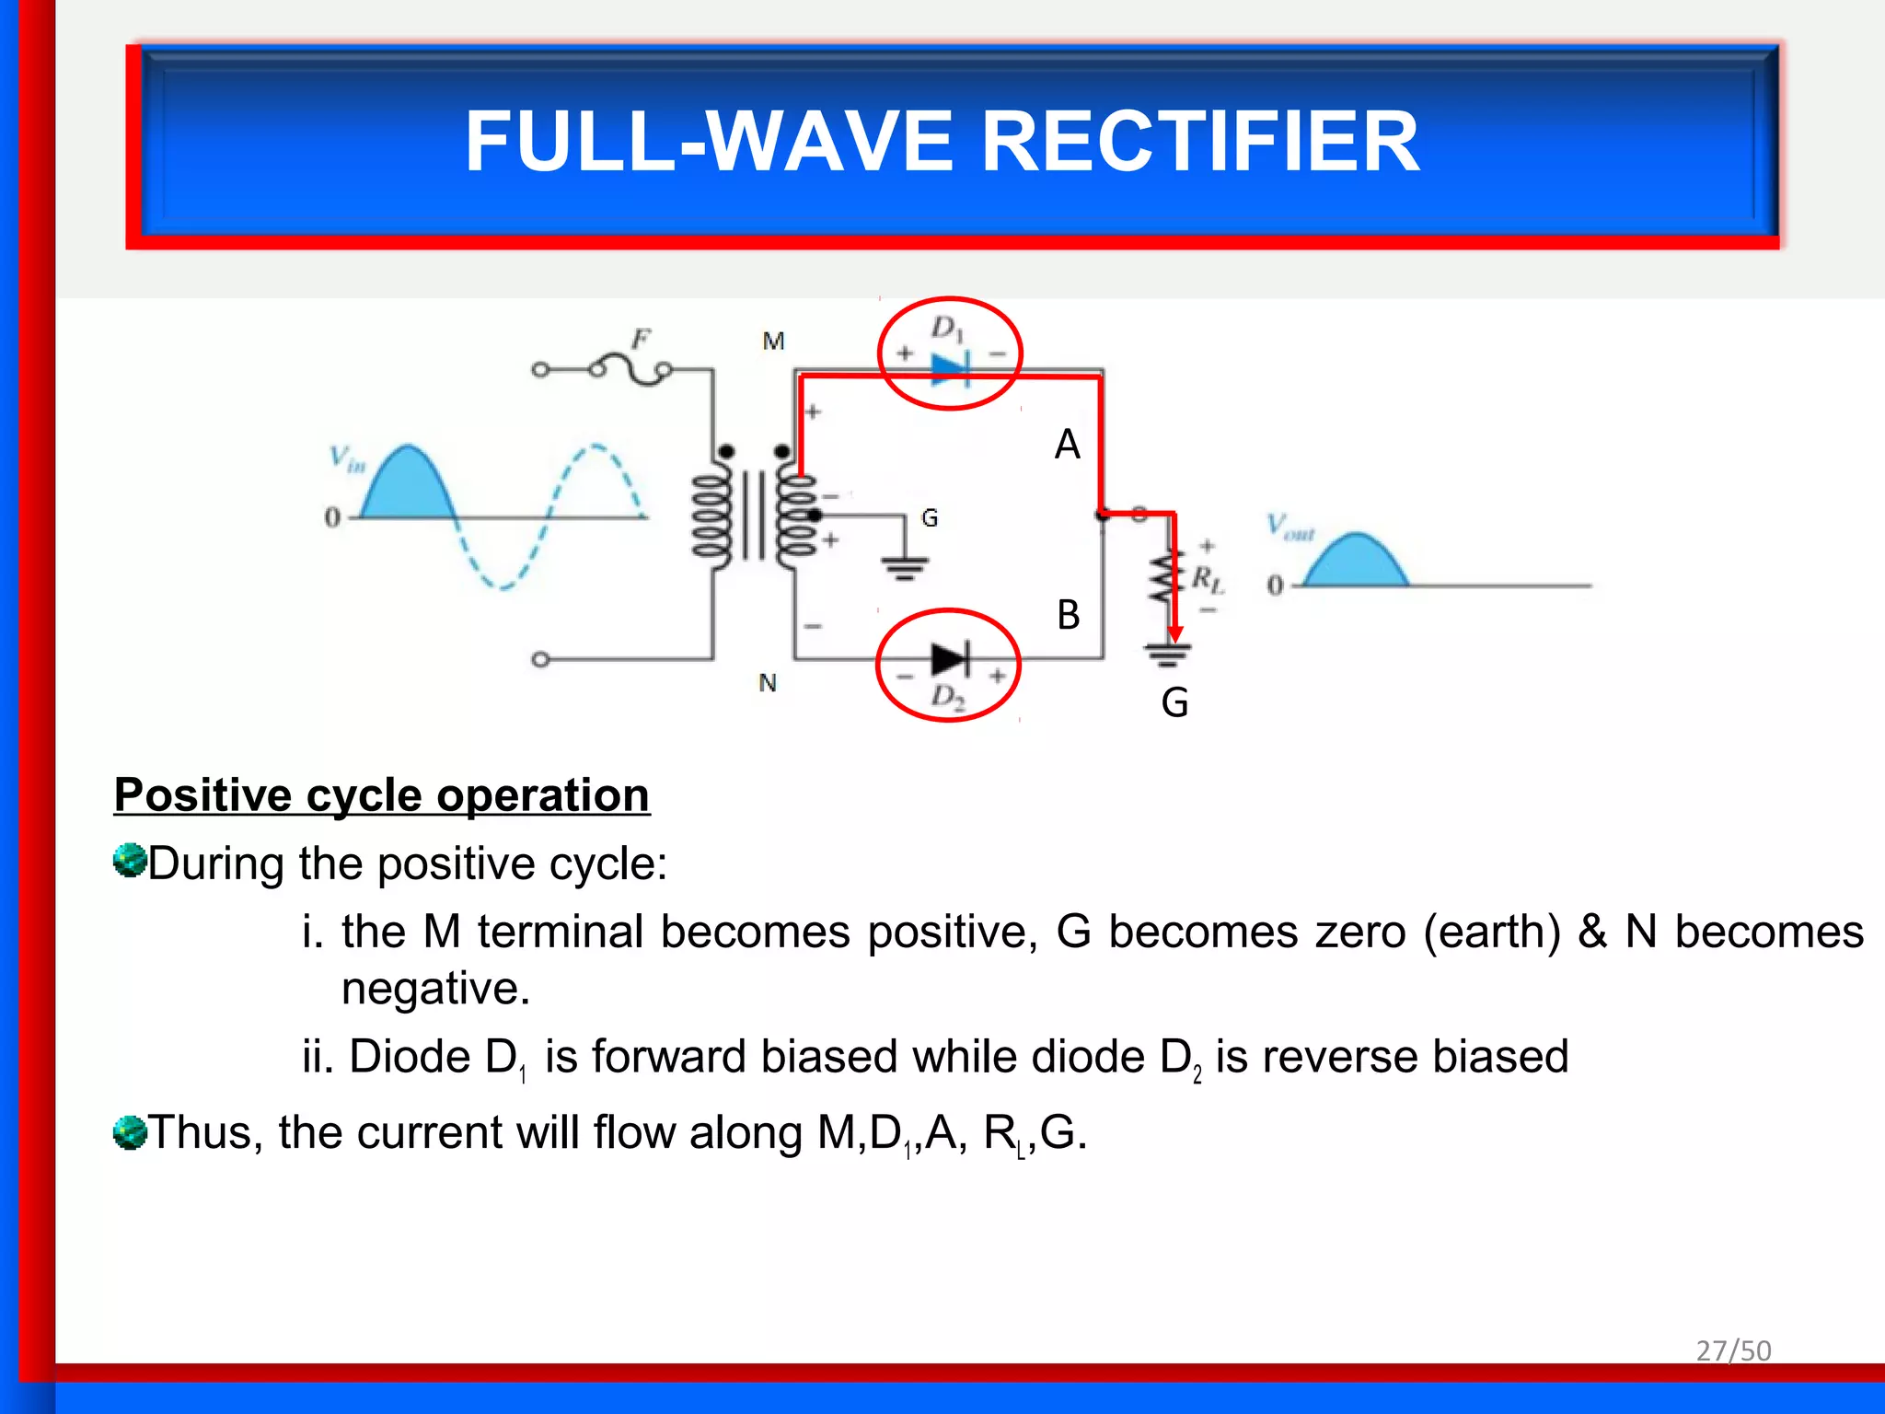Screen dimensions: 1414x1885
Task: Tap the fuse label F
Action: (x=641, y=340)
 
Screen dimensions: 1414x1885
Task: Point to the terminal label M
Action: (x=773, y=342)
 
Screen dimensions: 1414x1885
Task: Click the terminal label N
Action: (x=768, y=683)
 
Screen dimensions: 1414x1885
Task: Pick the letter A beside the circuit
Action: (x=1067, y=445)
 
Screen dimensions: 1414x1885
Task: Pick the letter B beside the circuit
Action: (x=1068, y=615)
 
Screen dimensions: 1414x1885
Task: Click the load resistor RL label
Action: (x=1207, y=579)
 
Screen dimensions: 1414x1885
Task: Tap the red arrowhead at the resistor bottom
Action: (x=1175, y=634)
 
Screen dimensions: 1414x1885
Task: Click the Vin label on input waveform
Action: (x=347, y=458)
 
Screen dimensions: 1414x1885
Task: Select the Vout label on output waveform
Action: (x=1289, y=527)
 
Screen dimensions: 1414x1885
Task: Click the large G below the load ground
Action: (x=1174, y=703)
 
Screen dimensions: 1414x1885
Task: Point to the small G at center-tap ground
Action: (x=930, y=518)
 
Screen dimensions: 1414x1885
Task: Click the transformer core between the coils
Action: (x=754, y=516)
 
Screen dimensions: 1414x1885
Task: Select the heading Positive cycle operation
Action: (x=382, y=794)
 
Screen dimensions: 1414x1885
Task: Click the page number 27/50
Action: (x=1733, y=1350)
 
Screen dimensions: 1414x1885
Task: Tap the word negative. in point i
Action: (x=435, y=989)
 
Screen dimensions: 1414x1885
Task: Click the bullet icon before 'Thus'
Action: (x=130, y=1132)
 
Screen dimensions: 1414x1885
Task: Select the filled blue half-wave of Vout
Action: (x=1356, y=563)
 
